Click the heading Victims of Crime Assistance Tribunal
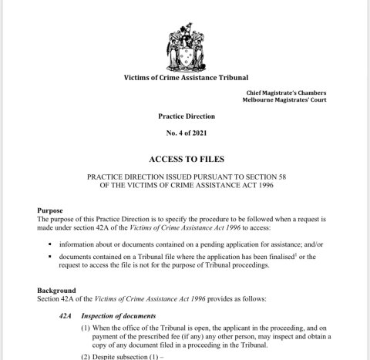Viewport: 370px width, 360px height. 185,78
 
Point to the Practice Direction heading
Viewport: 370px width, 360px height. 187,116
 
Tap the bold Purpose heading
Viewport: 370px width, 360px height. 52,210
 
